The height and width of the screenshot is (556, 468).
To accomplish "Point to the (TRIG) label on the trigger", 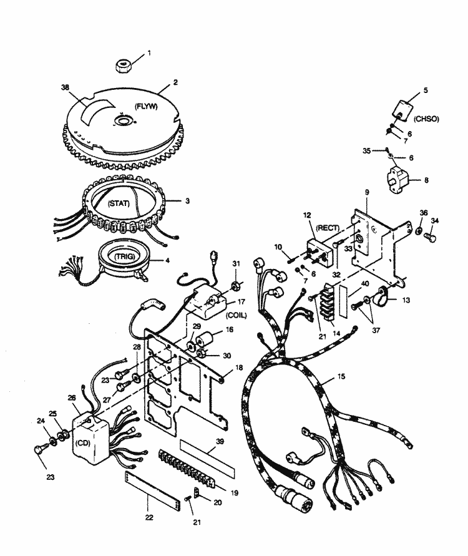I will point(124,256).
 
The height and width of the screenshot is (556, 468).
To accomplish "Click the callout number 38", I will point(64,87).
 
